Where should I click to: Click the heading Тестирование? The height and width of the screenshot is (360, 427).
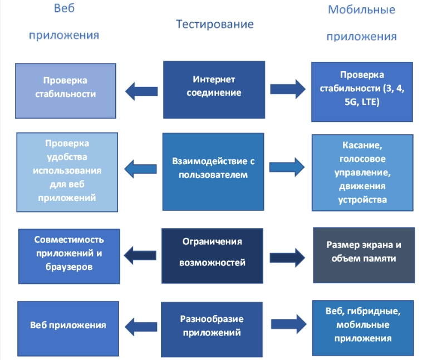point(214,24)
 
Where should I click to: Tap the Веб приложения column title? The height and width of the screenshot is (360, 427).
point(64,22)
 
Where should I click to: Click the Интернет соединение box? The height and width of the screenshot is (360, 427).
point(214,89)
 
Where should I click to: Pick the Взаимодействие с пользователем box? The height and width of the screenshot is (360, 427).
point(213,170)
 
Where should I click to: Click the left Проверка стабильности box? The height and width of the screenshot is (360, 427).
point(65,90)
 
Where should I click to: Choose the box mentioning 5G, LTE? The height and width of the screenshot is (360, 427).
point(362,92)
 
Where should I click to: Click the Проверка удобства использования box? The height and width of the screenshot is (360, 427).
point(67,172)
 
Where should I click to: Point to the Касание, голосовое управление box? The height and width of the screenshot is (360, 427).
point(362,172)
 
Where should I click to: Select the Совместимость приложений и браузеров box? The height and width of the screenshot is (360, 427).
point(70,255)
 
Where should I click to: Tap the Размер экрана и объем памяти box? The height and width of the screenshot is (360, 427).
point(364,255)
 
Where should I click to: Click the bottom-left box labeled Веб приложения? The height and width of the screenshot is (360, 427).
point(68,325)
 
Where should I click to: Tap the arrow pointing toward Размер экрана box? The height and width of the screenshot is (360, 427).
point(288,257)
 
